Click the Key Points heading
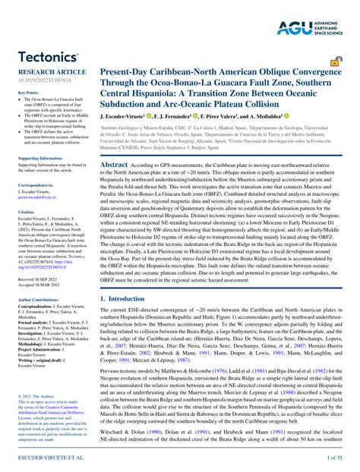[x=27, y=93]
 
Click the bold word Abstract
[x=114, y=164]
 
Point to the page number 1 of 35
[x=334, y=459]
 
